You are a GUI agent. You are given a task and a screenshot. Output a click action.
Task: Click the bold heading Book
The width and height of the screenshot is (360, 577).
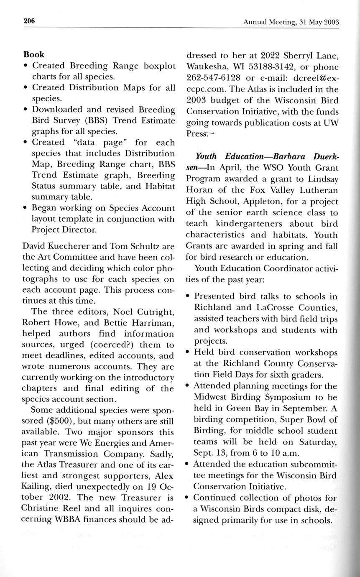34,55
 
